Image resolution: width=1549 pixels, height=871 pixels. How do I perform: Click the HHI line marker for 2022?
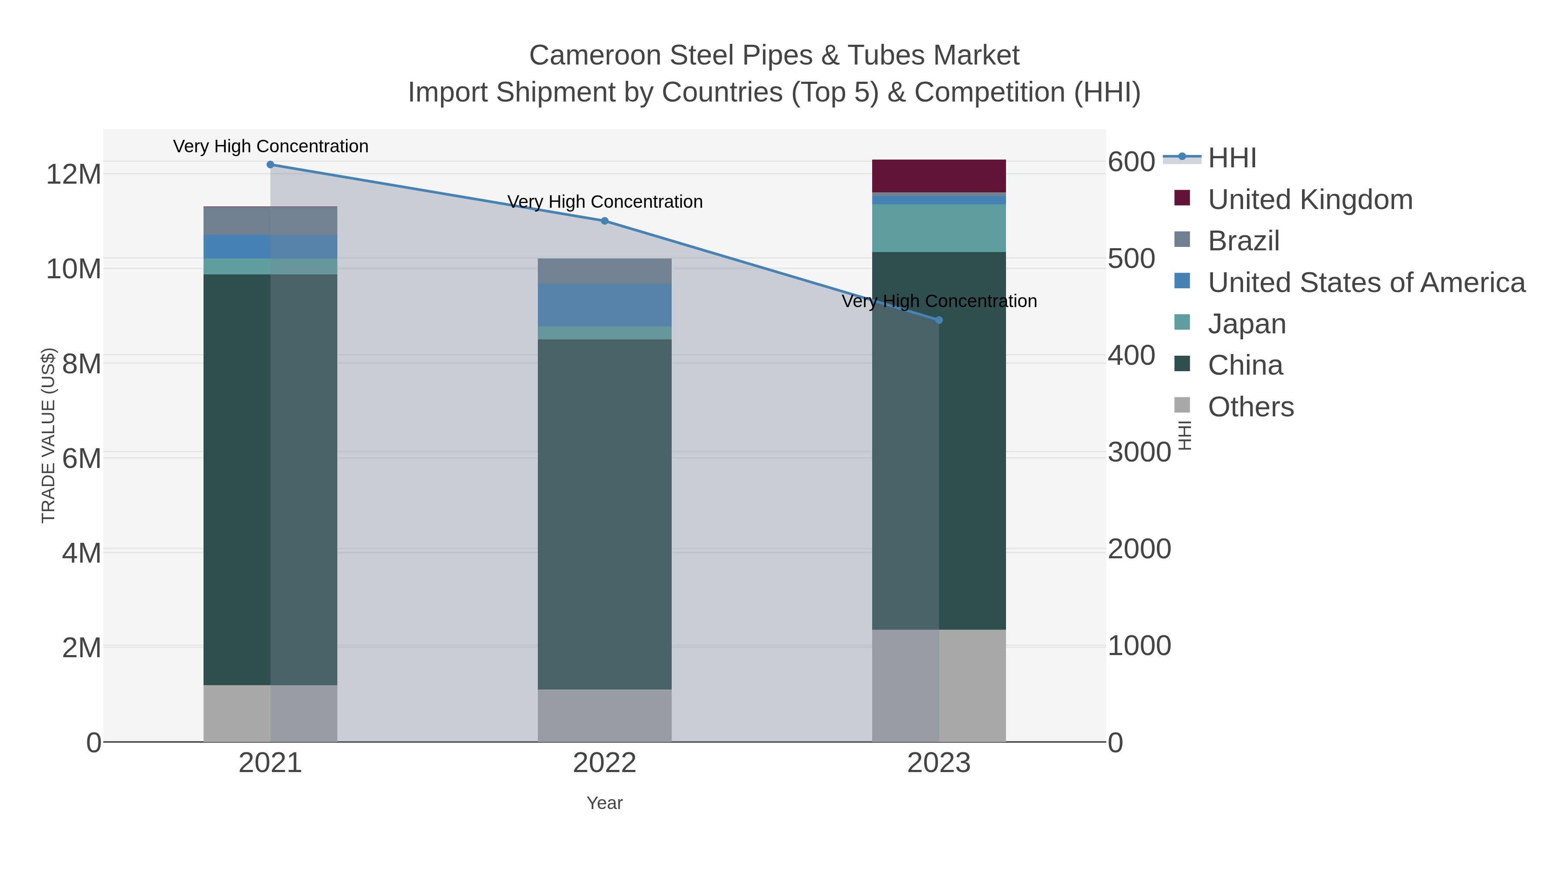click(x=605, y=221)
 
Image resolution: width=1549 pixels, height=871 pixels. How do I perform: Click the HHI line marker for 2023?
click(x=939, y=320)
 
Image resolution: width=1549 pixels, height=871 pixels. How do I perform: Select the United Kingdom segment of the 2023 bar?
click(x=939, y=175)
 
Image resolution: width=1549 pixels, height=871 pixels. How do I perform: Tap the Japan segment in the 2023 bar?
click(x=939, y=228)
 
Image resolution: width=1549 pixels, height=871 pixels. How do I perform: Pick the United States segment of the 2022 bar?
click(x=605, y=305)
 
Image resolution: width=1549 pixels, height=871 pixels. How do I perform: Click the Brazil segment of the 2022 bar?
click(x=605, y=271)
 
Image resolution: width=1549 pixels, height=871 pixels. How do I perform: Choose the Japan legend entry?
click(x=1246, y=324)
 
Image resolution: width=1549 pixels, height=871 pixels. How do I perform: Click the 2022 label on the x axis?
click(x=605, y=763)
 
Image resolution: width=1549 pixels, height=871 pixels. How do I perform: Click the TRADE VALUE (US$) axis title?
click(x=48, y=435)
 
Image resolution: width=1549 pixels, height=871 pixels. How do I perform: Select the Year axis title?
click(x=605, y=803)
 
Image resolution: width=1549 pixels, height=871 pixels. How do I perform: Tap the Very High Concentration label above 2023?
click(x=939, y=301)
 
